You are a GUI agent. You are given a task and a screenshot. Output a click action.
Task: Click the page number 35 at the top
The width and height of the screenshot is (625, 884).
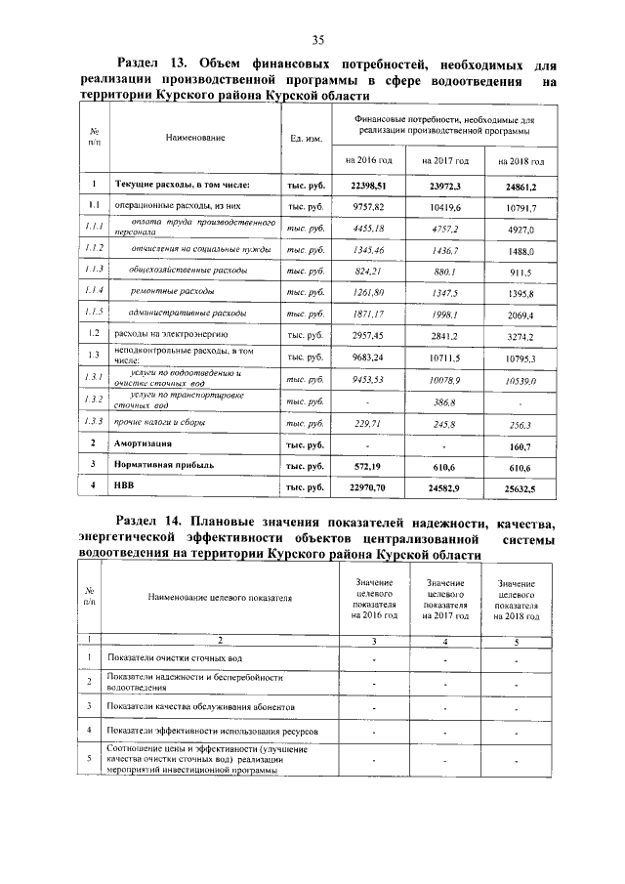[x=317, y=39]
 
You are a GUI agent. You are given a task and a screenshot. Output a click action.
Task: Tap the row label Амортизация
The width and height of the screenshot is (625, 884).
[x=150, y=443]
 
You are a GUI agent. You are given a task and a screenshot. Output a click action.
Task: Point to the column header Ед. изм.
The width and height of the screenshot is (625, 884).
[x=307, y=139]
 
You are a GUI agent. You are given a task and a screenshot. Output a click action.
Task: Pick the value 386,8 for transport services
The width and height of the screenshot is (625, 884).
[x=443, y=401]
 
